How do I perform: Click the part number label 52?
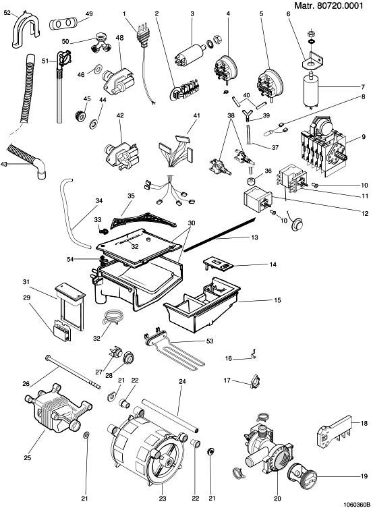pyautogui.click(x=7, y=13)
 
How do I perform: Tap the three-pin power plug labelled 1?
pyautogui.click(x=140, y=33)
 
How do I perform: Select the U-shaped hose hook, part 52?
pyautogui.click(x=26, y=32)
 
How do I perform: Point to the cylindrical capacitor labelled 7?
pyautogui.click(x=311, y=88)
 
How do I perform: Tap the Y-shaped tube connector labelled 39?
pyautogui.click(x=247, y=115)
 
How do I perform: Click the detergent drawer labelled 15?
pyautogui.click(x=202, y=304)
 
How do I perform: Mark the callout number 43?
pyautogui.click(x=4, y=164)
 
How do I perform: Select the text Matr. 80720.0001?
pyautogui.click(x=329, y=6)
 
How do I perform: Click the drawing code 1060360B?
pyautogui.click(x=356, y=504)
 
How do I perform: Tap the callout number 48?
pyautogui.click(x=119, y=38)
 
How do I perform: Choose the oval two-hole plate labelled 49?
pyautogui.click(x=62, y=24)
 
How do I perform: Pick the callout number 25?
pyautogui.click(x=28, y=458)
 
